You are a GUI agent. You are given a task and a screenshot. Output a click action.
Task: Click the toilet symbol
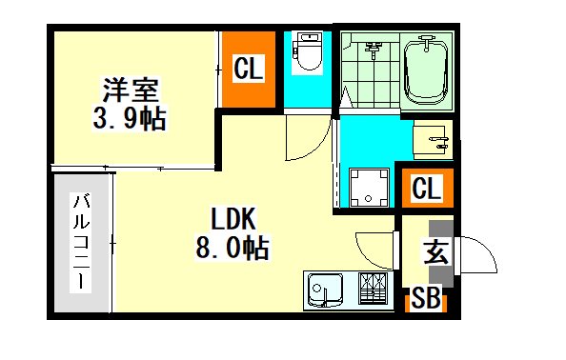(307, 53)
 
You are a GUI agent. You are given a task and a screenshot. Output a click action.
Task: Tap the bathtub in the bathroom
(426, 71)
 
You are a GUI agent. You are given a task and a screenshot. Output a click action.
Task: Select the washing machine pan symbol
(369, 188)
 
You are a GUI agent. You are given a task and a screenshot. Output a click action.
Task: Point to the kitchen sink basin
(325, 290)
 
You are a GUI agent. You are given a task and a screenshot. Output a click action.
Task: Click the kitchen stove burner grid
(373, 288)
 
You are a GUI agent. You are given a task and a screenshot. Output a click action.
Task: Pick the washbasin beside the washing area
(433, 140)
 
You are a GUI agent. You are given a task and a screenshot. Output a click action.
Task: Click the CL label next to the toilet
(249, 68)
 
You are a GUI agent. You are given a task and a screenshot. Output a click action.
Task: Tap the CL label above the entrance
(427, 188)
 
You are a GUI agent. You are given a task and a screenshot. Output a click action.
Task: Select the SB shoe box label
(426, 297)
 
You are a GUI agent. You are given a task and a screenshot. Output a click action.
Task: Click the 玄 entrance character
(436, 252)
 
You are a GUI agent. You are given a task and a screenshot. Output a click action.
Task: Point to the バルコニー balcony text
(81, 241)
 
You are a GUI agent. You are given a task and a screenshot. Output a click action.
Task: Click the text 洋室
(131, 90)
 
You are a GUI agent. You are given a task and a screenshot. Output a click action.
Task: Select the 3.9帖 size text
(130, 118)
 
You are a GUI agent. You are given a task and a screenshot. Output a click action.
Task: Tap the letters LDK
(233, 219)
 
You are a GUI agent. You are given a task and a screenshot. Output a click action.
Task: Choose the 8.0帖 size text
(232, 248)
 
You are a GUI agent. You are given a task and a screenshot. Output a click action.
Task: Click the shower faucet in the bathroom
(374, 50)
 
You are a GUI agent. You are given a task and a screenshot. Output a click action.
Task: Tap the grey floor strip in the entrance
(441, 254)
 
